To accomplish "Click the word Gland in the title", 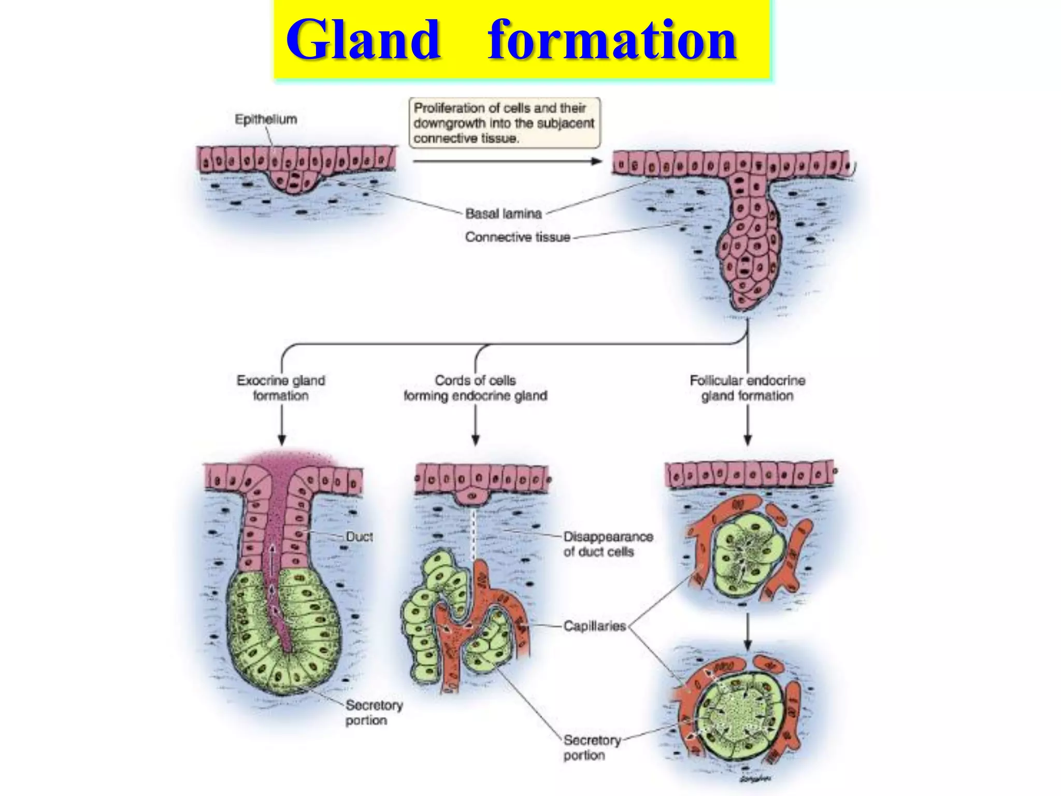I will (x=363, y=40).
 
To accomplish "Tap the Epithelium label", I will (x=266, y=120).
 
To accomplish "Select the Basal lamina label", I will (x=503, y=214).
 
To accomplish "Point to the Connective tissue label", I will (x=517, y=237).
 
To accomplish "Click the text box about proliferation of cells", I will (x=505, y=123).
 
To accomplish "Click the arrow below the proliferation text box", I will (x=507, y=161).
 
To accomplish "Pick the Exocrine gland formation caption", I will (x=281, y=388).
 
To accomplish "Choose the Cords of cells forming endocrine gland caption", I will (x=475, y=388).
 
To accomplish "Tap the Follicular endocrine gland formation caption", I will (x=747, y=388).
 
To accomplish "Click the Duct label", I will (x=359, y=537).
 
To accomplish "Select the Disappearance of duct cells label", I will (x=608, y=544).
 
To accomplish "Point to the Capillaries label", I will (x=594, y=626).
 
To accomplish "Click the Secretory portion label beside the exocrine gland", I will (x=373, y=713).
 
